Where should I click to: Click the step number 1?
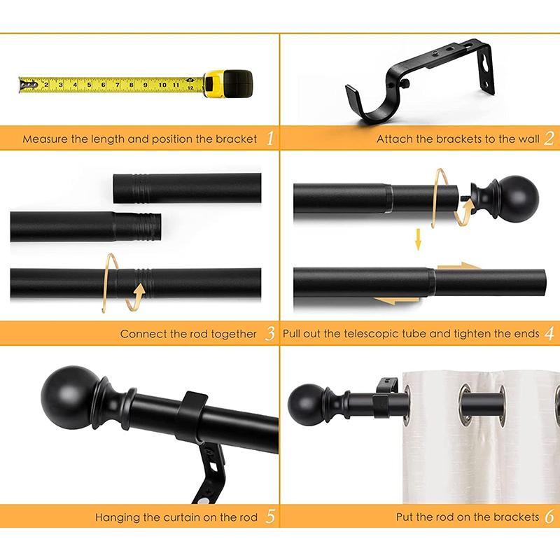click(270, 139)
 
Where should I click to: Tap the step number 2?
click(549, 139)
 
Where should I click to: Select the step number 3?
click(270, 334)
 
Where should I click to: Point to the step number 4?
click(549, 334)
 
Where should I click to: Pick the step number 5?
click(270, 518)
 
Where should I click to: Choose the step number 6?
click(549, 518)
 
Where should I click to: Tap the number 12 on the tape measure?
click(190, 87)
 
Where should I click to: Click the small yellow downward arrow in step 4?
click(418, 241)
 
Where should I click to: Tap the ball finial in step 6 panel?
click(306, 403)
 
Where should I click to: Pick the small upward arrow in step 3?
click(140, 289)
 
